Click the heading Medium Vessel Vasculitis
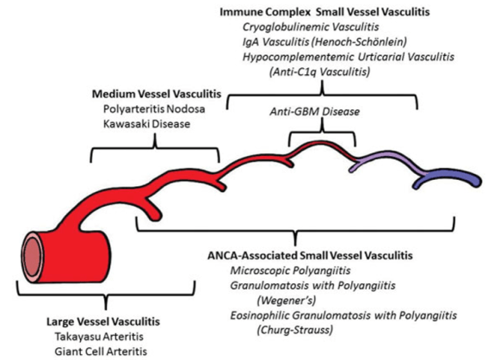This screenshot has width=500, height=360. click(x=154, y=92)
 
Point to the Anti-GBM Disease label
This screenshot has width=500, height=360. click(x=320, y=112)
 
